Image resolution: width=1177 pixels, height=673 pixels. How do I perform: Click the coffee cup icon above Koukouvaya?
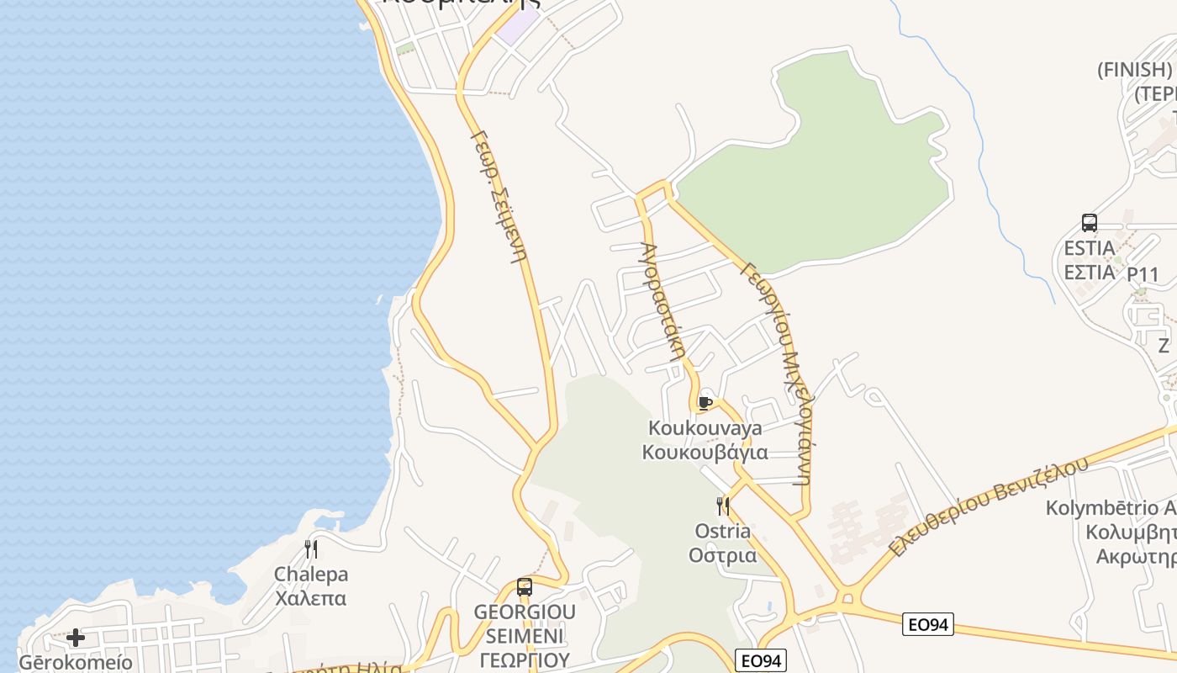click(705, 403)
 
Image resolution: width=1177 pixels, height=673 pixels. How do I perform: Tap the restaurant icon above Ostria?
click(722, 506)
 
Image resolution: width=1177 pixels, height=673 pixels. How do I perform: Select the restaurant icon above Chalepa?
click(311, 549)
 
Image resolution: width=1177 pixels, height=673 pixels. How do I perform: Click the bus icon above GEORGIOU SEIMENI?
click(525, 587)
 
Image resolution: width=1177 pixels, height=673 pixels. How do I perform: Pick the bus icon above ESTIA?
click(1090, 223)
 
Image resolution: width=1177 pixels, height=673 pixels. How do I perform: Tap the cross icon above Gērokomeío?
click(76, 638)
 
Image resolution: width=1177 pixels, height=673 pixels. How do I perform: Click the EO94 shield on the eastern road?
click(929, 624)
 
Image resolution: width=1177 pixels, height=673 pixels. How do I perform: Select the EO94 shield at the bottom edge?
click(762, 661)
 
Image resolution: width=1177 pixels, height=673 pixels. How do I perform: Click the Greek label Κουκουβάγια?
click(705, 453)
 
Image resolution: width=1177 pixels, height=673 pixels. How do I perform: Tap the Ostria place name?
click(723, 532)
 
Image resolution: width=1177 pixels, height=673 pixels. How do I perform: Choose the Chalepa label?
click(311, 575)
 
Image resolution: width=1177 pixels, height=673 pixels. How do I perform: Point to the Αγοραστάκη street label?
click(660, 301)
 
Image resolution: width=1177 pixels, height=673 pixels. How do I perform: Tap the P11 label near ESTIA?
click(1143, 275)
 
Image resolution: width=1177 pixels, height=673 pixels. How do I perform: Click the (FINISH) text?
click(1135, 70)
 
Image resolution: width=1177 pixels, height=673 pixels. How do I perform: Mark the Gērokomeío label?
click(76, 663)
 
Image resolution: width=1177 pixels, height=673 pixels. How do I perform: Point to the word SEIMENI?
click(525, 635)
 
